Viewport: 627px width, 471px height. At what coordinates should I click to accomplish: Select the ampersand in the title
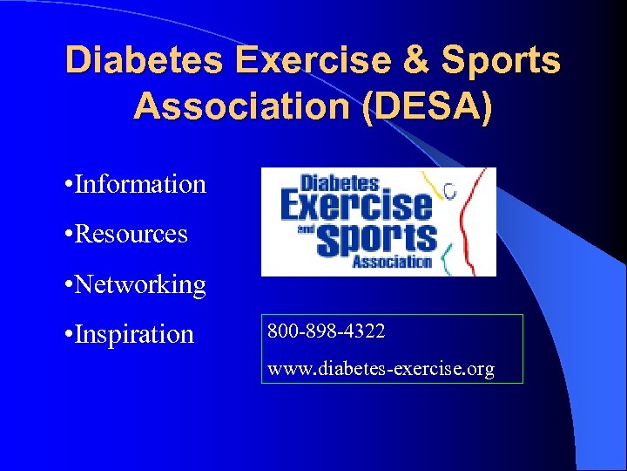click(x=415, y=60)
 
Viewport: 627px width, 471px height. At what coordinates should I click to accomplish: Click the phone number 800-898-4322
click(x=327, y=331)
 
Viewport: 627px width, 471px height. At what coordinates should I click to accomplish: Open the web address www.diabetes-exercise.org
click(x=381, y=369)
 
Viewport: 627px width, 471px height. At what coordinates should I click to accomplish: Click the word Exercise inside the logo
click(x=355, y=206)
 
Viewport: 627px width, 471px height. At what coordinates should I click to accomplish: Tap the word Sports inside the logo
click(x=376, y=237)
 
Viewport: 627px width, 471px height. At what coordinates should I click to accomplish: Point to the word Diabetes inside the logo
click(x=340, y=183)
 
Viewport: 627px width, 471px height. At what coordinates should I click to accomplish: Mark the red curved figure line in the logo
click(x=470, y=218)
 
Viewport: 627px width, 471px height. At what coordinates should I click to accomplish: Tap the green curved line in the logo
click(x=446, y=256)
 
